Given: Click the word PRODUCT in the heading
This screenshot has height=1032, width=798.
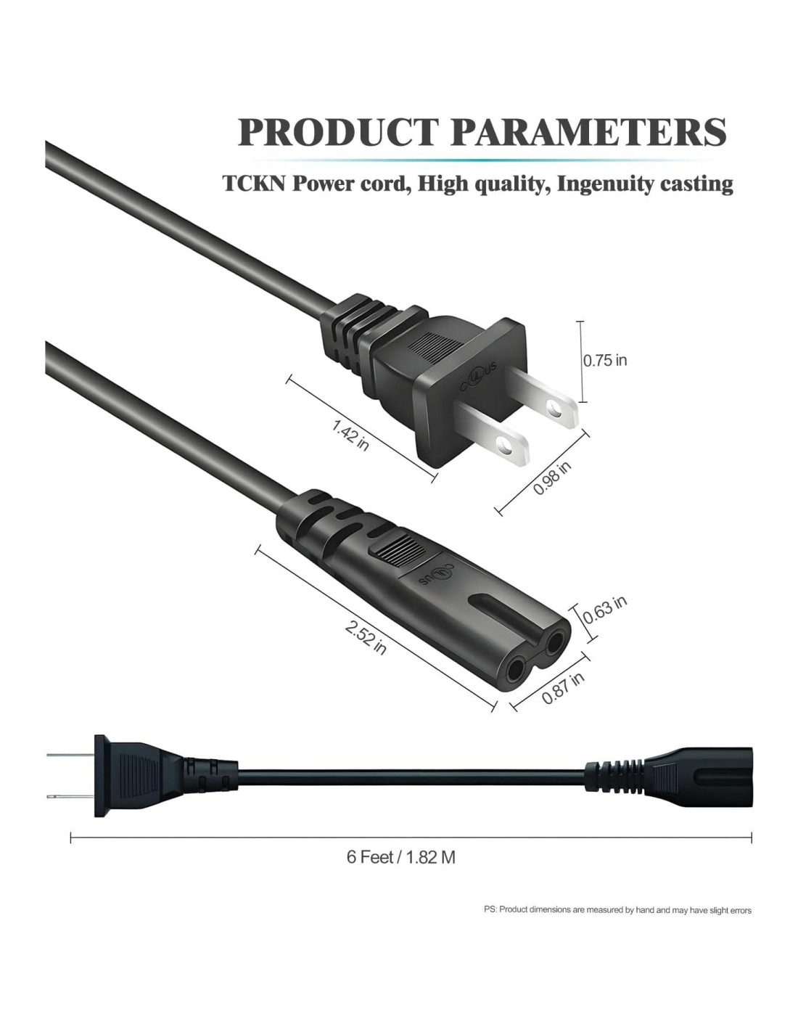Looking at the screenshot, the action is click(x=337, y=132).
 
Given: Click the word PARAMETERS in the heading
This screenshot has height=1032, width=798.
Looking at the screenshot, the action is click(x=588, y=132).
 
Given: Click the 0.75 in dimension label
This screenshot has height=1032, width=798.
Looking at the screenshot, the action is click(x=605, y=361).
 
